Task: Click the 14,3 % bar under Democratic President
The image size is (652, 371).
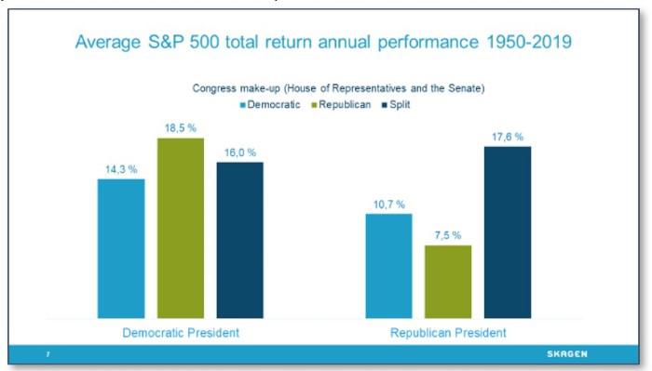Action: click(121, 248)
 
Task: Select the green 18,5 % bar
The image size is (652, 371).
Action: click(181, 228)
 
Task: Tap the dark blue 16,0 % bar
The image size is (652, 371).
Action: click(239, 240)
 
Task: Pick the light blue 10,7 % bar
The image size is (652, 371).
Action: click(389, 266)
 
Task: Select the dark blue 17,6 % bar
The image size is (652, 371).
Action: click(508, 232)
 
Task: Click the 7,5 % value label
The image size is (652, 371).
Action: click(448, 236)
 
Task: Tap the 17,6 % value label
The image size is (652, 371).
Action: click(508, 138)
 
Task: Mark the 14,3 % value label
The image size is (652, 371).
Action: click(120, 170)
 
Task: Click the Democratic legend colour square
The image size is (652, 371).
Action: click(243, 105)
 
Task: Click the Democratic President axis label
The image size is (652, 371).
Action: click(180, 332)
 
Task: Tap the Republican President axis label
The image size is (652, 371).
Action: click(448, 332)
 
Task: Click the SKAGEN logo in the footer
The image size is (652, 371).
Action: click(565, 354)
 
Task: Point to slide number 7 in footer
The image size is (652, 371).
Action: click(48, 354)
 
